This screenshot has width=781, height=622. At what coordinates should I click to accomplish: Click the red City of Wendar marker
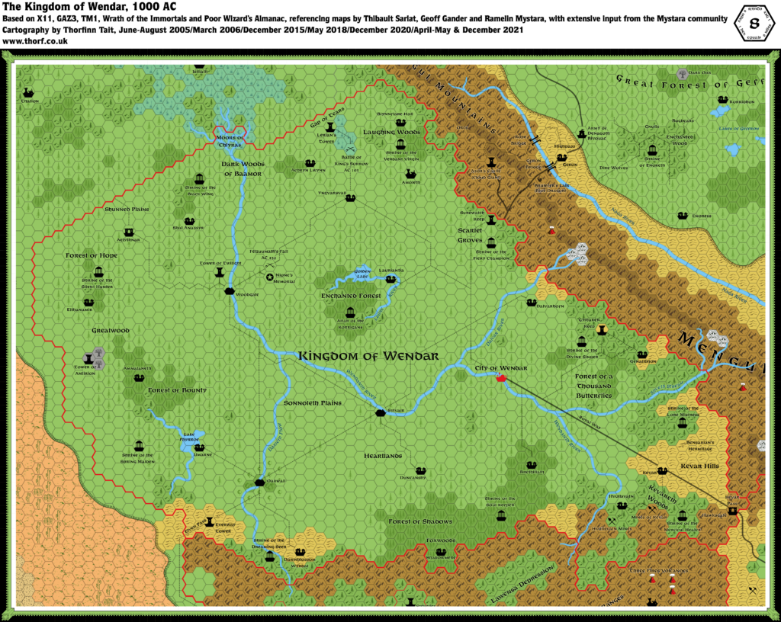point(501,378)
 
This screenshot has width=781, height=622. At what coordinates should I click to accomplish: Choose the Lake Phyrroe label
point(194,438)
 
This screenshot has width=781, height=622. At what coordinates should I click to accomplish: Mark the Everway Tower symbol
point(209,523)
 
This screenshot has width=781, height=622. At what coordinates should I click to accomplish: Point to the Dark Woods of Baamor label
point(242,168)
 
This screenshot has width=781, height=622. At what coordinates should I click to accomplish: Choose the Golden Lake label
point(362,274)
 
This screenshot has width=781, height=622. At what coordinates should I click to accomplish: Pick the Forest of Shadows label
point(420,521)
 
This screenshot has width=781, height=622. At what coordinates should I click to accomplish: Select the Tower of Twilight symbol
point(220,271)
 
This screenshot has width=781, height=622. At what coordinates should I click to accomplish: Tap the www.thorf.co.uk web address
point(36,41)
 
